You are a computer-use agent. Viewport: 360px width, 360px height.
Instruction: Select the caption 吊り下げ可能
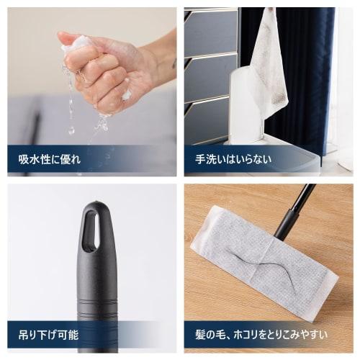[x=45, y=334]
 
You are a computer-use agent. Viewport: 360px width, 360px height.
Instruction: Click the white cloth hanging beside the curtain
[x=269, y=65]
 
